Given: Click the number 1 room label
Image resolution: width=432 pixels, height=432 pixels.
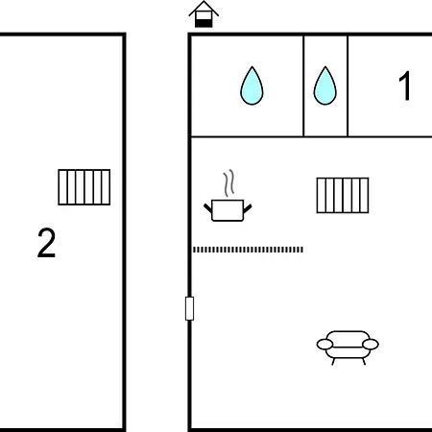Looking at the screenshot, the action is coord(405,85).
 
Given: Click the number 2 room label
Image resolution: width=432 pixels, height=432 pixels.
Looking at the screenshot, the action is coord(46,243).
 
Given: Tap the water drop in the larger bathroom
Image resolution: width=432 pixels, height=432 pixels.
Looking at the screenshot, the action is coord(252,85).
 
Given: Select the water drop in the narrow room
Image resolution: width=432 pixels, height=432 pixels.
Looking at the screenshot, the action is coord(325,85).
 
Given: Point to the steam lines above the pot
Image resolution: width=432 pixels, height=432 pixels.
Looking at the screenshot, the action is coord(228,182).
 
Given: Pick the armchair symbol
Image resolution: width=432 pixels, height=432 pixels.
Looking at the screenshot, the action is coord(348,348).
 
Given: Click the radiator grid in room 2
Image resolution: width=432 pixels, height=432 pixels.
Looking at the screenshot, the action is coord(84,187).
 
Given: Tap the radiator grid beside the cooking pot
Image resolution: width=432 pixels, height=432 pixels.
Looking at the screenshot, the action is coord(343,195).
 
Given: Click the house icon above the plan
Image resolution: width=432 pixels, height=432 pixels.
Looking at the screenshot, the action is coord(204,14).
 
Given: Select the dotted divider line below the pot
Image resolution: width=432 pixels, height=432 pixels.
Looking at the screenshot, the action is coord(248,250).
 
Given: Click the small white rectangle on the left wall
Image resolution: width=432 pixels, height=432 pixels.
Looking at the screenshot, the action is coord(189,308).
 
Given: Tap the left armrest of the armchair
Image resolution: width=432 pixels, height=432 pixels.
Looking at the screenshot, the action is coord(324,345).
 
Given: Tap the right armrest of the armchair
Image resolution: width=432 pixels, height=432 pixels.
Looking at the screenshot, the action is coord(371,345).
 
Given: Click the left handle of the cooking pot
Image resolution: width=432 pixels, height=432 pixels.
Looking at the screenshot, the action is coord(207,207).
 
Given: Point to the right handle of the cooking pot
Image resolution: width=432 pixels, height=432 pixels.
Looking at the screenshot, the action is coord(248,208).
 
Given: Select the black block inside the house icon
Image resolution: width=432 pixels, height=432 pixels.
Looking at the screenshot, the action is coord(204,23).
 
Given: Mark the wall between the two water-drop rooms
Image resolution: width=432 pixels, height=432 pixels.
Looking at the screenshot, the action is coord(303,86).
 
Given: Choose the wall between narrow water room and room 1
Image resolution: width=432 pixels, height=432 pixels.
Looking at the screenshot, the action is coord(348,86).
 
